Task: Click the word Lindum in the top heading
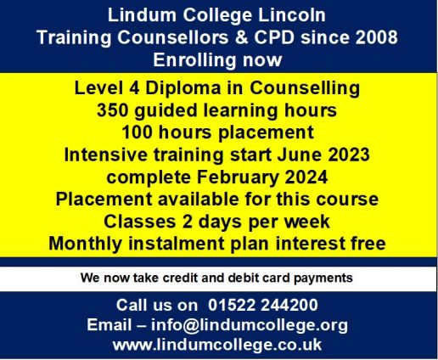point(142,15)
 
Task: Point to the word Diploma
point(182,88)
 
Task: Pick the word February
point(238,177)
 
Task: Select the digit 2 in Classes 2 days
point(187,222)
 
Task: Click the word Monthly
point(86,244)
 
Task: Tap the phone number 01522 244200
point(263,305)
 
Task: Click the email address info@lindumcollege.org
point(250,325)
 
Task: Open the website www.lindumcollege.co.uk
point(217,345)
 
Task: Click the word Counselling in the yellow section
point(305,88)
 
